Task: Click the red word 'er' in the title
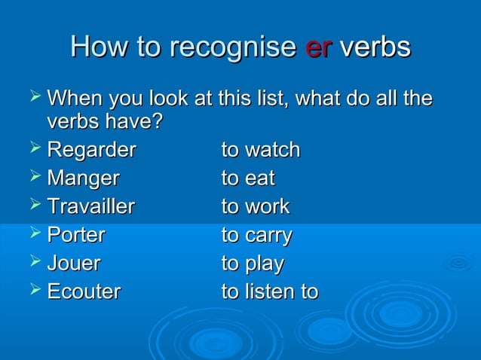[x=318, y=47]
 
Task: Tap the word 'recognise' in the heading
[x=233, y=49]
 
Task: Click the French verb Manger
[x=83, y=179]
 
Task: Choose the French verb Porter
[x=76, y=235]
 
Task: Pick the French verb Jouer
[x=74, y=264]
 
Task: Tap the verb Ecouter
[x=84, y=291]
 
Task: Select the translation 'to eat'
[x=248, y=179]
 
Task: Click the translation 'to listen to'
[x=269, y=291]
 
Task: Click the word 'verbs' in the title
[x=375, y=47]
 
